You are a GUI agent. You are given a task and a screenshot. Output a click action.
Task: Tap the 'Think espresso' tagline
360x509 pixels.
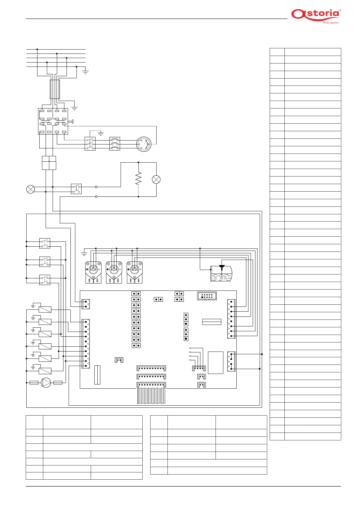pos(331,22)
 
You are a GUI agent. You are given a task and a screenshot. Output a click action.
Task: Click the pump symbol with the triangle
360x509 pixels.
pos(46,383)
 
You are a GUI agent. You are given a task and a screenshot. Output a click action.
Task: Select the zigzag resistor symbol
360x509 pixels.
pos(138,178)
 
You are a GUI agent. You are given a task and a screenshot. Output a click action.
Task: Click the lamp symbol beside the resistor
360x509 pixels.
pos(156,180)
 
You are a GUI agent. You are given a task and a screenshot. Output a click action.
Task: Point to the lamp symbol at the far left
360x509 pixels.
pos(31,189)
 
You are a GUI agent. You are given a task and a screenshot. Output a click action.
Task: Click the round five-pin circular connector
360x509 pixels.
pos(144,144)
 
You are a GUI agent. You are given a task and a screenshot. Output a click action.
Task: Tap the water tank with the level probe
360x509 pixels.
pos(221,273)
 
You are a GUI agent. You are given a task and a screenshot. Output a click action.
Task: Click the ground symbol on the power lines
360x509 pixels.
pos(85,72)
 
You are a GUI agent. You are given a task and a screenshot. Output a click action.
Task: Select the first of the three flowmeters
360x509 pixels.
pos(93,272)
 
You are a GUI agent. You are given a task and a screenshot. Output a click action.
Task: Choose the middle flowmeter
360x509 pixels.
pos(114,272)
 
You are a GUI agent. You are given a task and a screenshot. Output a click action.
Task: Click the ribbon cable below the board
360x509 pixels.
pos(151,396)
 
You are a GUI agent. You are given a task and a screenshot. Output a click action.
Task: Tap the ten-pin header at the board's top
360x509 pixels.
pos(207,296)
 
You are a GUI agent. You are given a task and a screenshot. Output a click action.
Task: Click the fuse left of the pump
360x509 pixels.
pos(34,383)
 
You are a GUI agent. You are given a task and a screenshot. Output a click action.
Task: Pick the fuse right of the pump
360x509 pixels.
pos(58,383)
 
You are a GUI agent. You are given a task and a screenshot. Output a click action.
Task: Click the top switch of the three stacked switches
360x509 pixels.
pos(44,243)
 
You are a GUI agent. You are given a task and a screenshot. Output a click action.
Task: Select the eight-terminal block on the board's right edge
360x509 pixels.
pos(231,319)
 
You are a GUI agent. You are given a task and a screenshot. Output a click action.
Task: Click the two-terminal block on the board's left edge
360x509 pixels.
pos(86,304)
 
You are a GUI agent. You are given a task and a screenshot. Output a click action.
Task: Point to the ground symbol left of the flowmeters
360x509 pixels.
pos(84,254)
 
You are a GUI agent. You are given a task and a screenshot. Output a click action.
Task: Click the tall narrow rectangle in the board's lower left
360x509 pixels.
pos(97,375)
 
